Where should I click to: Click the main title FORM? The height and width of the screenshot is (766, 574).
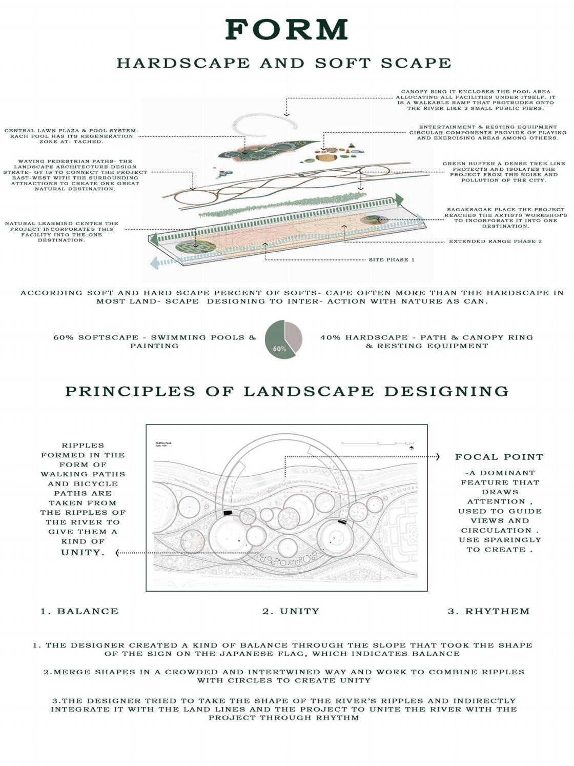click(286, 30)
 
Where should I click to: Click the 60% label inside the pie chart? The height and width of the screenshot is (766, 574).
click(280, 349)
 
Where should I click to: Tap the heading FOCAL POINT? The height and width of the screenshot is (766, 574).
click(499, 457)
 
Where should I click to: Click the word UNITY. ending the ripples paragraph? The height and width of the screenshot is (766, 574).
click(83, 552)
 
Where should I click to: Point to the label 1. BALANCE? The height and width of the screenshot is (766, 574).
click(79, 611)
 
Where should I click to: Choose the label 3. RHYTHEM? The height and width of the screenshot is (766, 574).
click(488, 611)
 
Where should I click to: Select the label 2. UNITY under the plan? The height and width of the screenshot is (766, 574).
click(291, 611)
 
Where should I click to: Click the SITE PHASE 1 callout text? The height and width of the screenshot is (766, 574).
click(392, 260)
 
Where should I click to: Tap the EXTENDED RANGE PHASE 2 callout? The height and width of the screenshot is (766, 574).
click(495, 241)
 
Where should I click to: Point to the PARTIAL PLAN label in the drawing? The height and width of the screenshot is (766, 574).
click(163, 442)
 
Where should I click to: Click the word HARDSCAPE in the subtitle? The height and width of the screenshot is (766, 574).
click(183, 63)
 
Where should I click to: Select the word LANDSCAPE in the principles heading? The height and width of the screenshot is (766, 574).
click(309, 391)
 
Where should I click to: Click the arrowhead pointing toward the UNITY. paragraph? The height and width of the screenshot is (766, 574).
click(118, 553)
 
